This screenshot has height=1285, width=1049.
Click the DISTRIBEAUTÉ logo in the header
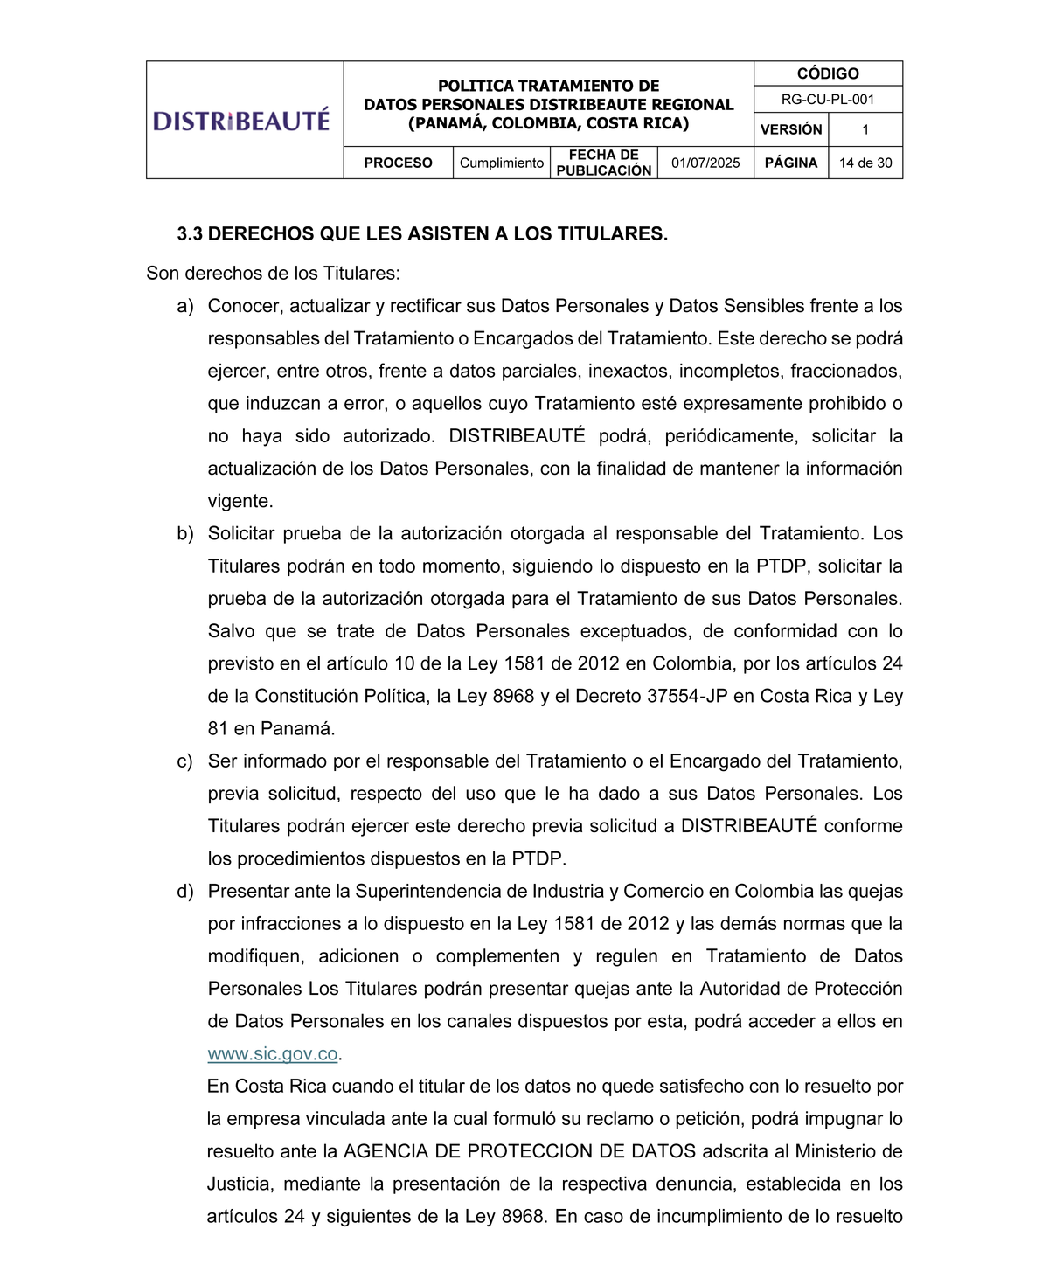pyautogui.click(x=242, y=120)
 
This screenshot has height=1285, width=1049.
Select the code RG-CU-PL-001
pyautogui.click(x=827, y=100)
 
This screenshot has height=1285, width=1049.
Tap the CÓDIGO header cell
pyautogui.click(x=827, y=74)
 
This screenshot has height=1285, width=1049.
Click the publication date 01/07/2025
pyautogui.click(x=705, y=163)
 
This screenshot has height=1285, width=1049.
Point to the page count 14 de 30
pyautogui.click(x=865, y=163)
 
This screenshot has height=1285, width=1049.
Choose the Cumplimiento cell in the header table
pyautogui.click(x=501, y=163)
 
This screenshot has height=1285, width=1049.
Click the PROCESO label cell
pyautogui.click(x=398, y=163)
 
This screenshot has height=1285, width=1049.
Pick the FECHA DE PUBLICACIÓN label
pyautogui.click(x=603, y=163)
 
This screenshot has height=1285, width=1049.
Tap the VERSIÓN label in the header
pyautogui.click(x=791, y=130)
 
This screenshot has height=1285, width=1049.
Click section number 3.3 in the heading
pyautogui.click(x=190, y=234)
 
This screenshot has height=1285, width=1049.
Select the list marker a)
pyautogui.click(x=185, y=307)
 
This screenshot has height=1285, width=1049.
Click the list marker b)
pyautogui.click(x=185, y=534)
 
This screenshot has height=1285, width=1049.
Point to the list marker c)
pyautogui.click(x=185, y=761)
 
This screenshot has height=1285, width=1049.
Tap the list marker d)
pyautogui.click(x=185, y=892)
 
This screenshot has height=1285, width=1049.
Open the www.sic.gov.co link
pyautogui.click(x=273, y=1054)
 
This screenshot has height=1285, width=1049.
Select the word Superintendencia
pyautogui.click(x=427, y=892)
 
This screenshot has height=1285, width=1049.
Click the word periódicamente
pyautogui.click(x=731, y=436)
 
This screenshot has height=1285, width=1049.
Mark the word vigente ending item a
pyautogui.click(x=238, y=502)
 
